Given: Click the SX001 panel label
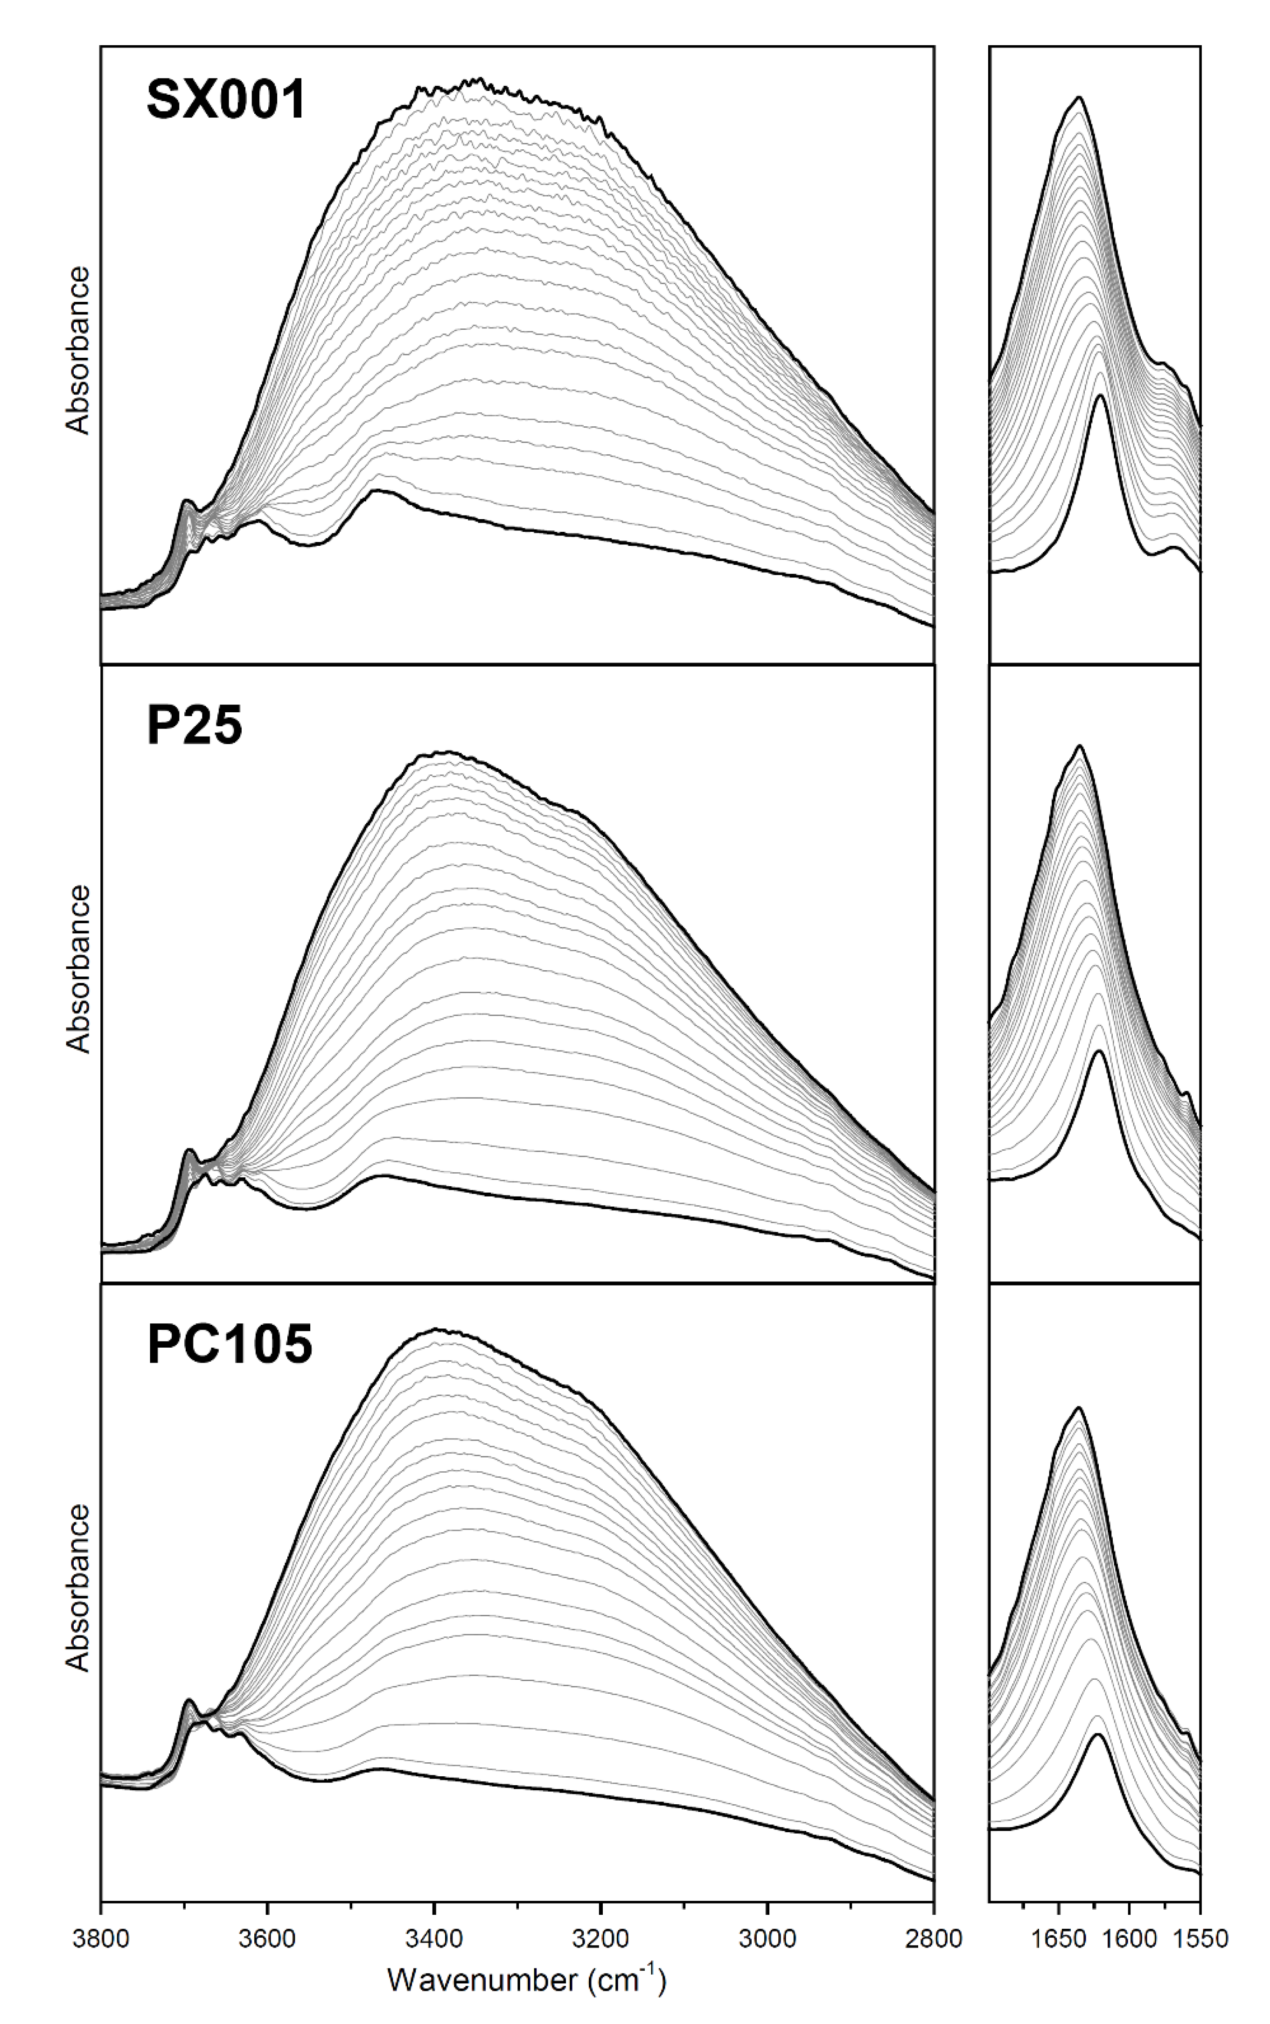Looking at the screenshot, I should [x=226, y=101].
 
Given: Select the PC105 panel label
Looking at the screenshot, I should [x=229, y=1344].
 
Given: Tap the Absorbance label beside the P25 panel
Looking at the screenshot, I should [x=78, y=968].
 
